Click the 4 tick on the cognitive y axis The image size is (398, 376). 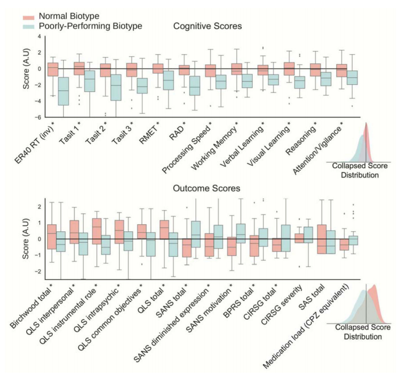40,37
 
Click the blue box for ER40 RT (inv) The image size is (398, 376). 63,91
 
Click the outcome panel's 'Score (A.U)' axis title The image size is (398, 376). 25,238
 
